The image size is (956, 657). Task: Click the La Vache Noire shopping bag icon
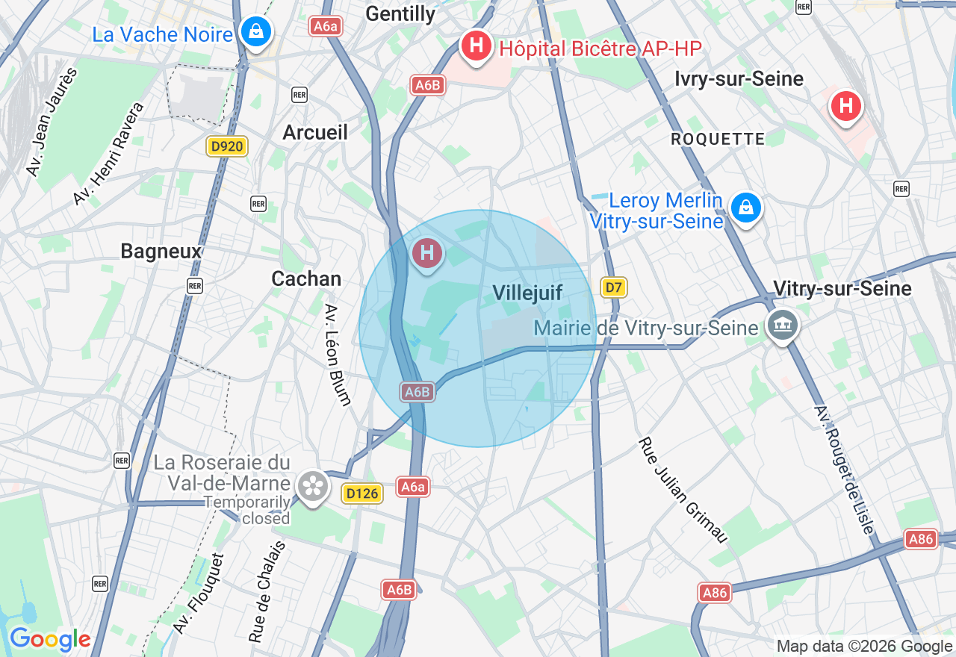[256, 31]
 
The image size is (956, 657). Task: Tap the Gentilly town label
[400, 13]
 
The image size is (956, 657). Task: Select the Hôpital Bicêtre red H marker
[476, 46]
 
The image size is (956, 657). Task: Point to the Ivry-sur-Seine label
[739, 78]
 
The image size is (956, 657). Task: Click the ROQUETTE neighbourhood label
[718, 139]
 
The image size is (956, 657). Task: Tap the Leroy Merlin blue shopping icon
[745, 208]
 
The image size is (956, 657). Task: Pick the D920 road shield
[227, 146]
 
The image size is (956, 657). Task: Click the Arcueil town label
[315, 132]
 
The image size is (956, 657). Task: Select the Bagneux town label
[161, 252]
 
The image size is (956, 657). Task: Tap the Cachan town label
[306, 278]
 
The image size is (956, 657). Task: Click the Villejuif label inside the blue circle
[527, 293]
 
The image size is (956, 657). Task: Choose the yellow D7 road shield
[614, 287]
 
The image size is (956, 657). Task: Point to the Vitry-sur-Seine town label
[842, 288]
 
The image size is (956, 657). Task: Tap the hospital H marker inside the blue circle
[427, 252]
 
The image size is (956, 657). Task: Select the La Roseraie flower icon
[312, 486]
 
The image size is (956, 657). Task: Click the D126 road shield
[362, 493]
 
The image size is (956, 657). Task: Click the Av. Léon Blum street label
[338, 355]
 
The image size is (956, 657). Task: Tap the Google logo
[50, 639]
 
